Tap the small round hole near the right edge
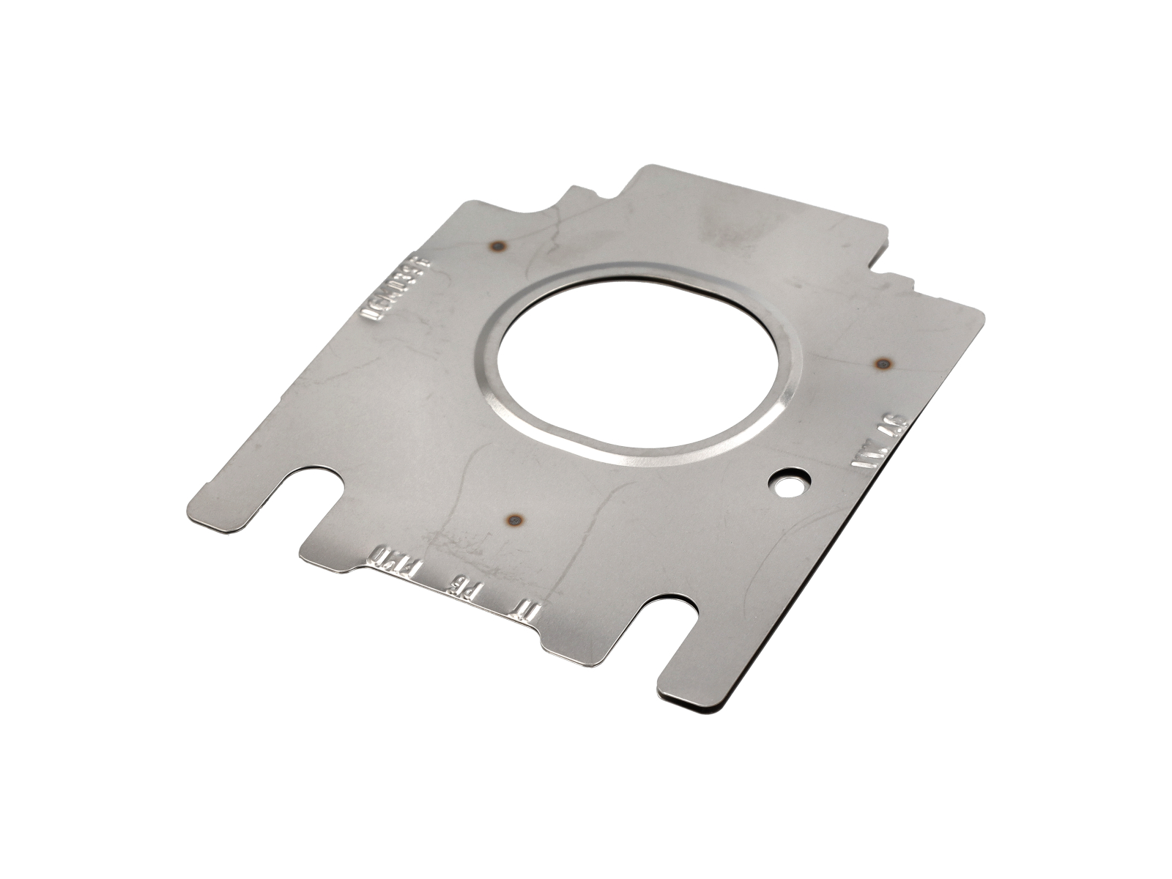(x=789, y=483)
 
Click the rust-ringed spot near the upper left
(x=499, y=245)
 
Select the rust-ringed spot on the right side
(x=883, y=363)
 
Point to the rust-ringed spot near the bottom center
(x=516, y=521)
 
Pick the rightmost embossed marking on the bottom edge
(x=527, y=608)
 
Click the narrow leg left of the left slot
(x=227, y=505)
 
